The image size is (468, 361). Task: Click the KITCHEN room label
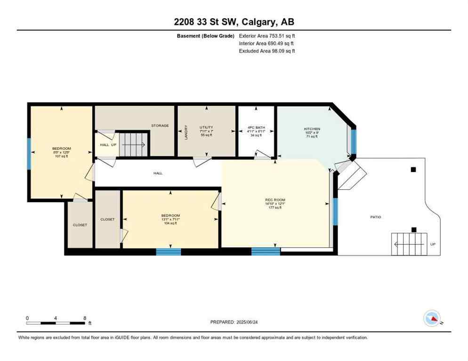tap(312, 129)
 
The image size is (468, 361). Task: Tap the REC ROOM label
tap(275, 200)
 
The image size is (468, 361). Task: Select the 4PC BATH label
tap(256, 127)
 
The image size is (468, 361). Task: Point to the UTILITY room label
tap(206, 127)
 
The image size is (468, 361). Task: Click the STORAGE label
tap(160, 126)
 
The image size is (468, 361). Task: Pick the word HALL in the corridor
tap(158, 173)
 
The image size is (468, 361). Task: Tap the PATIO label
tap(375, 217)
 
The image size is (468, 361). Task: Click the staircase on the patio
tap(409, 244)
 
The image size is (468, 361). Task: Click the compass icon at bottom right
tap(432, 318)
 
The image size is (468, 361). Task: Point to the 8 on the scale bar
tap(84, 318)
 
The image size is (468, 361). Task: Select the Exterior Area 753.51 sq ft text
tap(267, 36)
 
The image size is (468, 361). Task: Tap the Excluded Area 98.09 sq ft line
tap(267, 51)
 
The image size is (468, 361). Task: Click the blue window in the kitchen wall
tap(354, 142)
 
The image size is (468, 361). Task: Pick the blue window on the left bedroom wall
tap(29, 153)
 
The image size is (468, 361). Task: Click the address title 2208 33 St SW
tap(234, 22)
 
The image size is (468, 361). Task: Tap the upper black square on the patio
tap(413, 170)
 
